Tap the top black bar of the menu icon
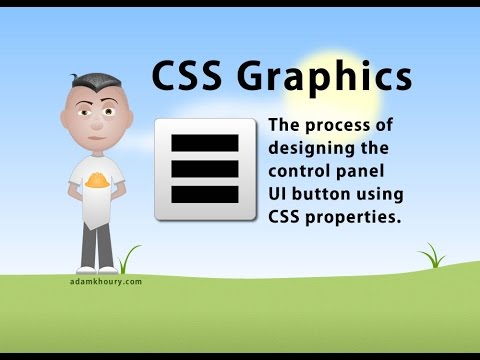(x=205, y=143)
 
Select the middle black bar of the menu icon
(x=205, y=168)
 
